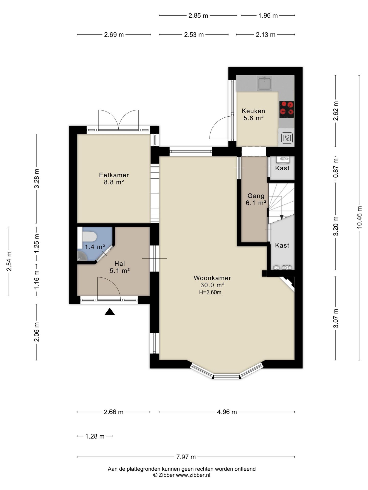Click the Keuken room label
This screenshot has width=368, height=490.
253,111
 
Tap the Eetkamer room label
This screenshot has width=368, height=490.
114,175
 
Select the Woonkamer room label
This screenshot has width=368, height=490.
212,278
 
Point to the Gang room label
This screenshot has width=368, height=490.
256,196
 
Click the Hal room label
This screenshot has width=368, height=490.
120,264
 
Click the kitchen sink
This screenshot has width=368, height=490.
264,83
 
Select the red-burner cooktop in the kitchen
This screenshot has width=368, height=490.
286,109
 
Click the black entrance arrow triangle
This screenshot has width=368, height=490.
110,312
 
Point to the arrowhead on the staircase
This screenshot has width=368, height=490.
282,217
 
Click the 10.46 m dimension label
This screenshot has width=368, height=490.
359,217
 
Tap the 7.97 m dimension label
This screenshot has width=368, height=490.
186,457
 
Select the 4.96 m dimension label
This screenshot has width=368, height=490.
227,412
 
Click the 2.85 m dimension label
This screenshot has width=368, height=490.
198,16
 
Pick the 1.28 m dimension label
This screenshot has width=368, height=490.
95,436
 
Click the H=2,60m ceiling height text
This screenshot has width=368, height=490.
210,292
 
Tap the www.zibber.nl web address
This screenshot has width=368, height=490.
193,475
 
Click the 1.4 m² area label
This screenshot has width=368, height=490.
95,247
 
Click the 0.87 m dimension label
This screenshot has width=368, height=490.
336,168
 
